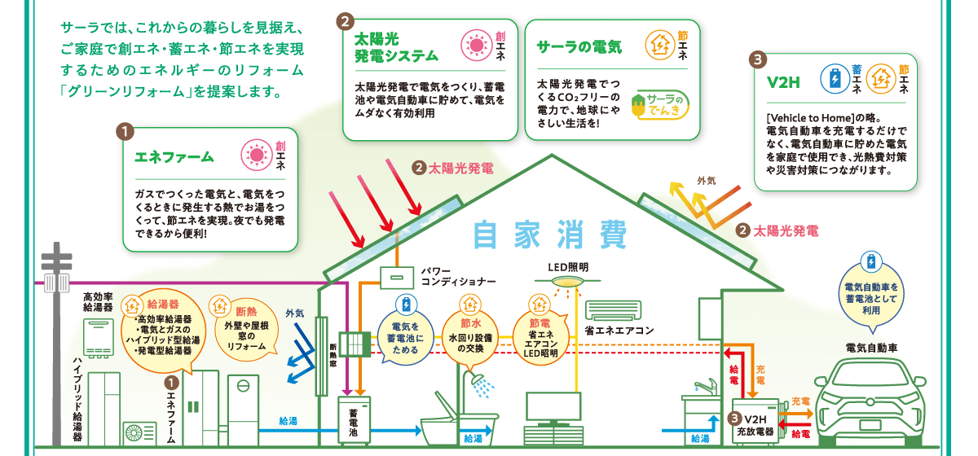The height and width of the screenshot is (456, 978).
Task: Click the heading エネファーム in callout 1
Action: (x=173, y=156)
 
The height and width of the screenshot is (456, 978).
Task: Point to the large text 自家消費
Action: (x=549, y=235)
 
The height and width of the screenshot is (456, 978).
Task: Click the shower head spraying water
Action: (x=474, y=379)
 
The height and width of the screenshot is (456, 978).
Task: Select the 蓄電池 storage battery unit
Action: (x=355, y=420)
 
